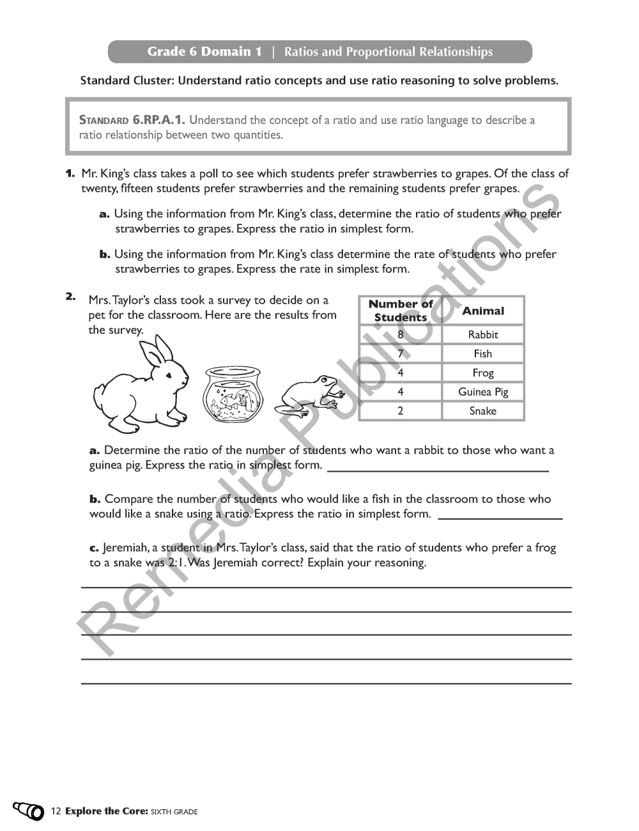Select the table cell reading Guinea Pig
pos(483,392)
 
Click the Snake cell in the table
pos(483,411)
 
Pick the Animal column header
pos(483,311)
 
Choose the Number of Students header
pos(401,311)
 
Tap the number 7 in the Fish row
pos(401,353)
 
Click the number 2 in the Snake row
pos(401,411)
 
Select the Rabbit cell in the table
pos(483,334)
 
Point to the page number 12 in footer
pos(56,811)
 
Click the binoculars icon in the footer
pos(28,811)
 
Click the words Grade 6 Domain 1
pos(204,52)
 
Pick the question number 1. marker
pos(70,173)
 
